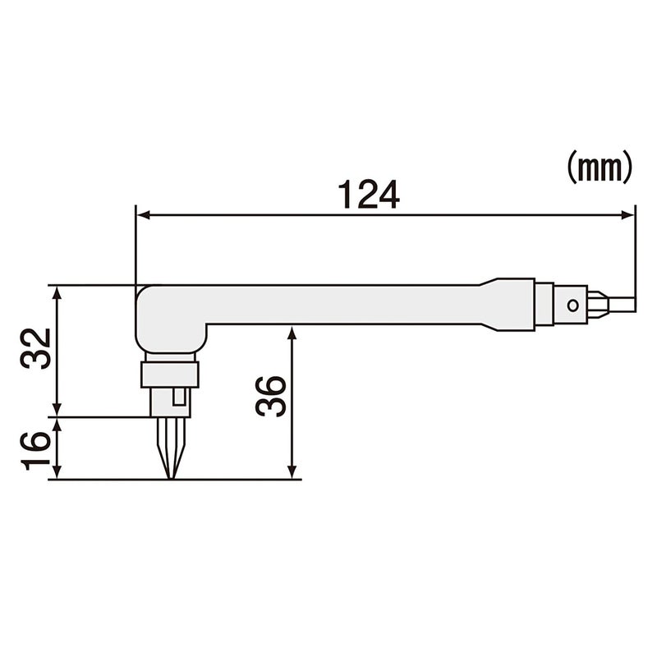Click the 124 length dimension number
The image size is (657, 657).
tap(368, 195)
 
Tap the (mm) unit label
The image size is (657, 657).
tap(599, 168)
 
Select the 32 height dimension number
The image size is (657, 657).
tap(38, 349)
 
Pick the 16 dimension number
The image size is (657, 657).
tap(38, 449)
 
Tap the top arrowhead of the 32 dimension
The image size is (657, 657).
tap(57, 292)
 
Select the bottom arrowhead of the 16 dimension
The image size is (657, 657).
tap(57, 474)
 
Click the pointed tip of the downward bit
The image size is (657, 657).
tap(170, 476)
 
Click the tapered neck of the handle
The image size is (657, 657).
tap(493, 304)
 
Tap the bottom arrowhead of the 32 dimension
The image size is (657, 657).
tap(57, 411)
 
